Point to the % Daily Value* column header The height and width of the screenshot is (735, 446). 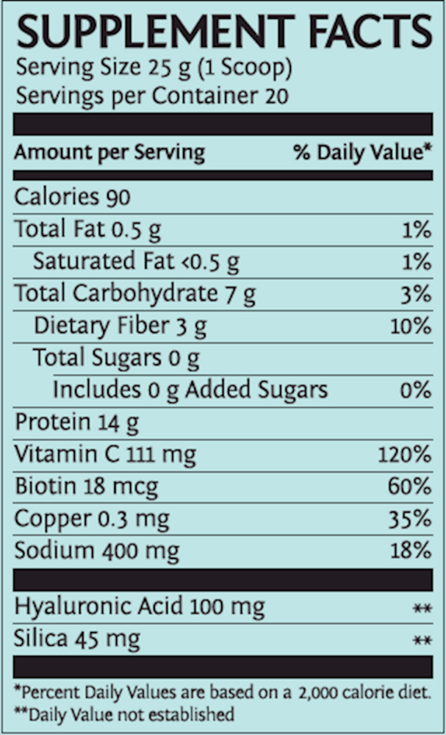click(362, 153)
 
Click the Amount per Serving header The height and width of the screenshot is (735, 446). click(109, 153)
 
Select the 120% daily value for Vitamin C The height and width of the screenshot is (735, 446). click(404, 454)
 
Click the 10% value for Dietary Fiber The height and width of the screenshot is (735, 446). click(410, 326)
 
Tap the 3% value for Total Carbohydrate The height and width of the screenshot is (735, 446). click(416, 294)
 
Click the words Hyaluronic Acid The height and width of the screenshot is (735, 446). click(99, 607)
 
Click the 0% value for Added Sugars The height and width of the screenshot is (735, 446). click(415, 390)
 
